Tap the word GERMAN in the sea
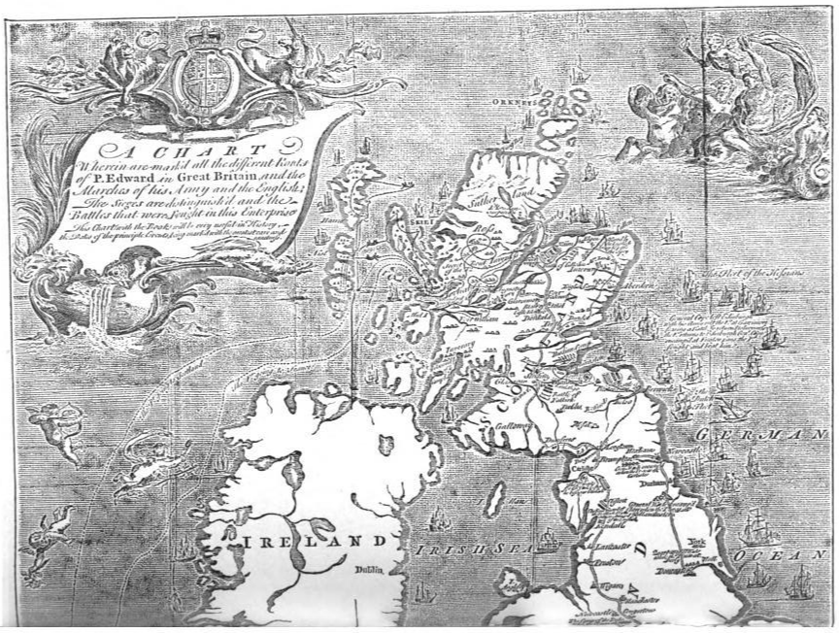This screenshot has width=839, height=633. (x=768, y=439)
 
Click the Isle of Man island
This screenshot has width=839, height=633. (x=494, y=500)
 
